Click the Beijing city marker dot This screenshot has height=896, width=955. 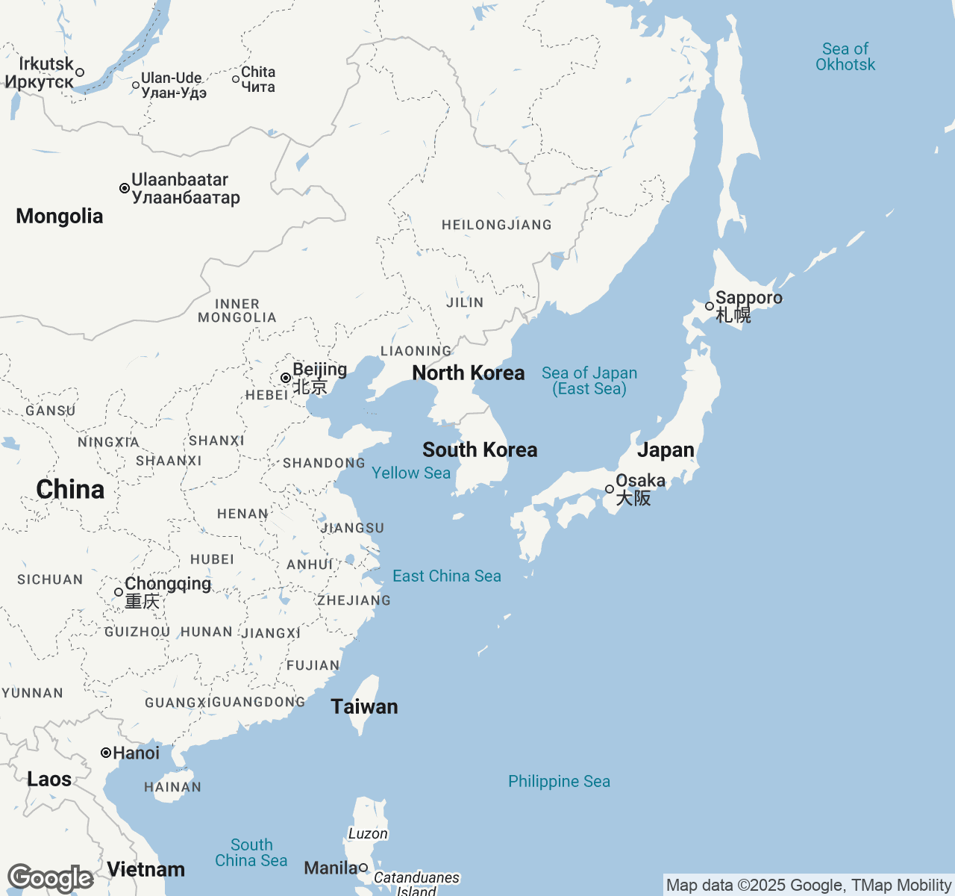click(x=285, y=378)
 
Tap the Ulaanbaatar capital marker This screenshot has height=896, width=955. click(x=125, y=188)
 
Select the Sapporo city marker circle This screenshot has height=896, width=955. click(x=709, y=306)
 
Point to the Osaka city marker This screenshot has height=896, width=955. click(x=610, y=489)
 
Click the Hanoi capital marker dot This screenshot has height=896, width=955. click(x=106, y=753)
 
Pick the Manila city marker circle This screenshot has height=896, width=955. click(x=363, y=868)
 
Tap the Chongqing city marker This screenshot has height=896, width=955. click(x=119, y=592)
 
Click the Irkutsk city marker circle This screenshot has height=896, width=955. click(x=80, y=72)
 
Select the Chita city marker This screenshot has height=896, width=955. click(x=236, y=79)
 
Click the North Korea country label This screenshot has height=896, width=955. click(x=469, y=373)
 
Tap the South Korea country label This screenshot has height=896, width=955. click(x=480, y=449)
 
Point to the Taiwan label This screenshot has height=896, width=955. click(x=364, y=706)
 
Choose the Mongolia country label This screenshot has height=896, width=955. click(x=60, y=216)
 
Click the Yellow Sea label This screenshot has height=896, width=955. click(x=411, y=473)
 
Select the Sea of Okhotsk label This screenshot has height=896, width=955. click(x=845, y=57)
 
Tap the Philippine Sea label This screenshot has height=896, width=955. click(x=559, y=781)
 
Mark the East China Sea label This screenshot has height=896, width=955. click(x=447, y=576)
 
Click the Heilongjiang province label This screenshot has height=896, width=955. click(x=497, y=225)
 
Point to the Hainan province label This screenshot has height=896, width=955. click(x=172, y=787)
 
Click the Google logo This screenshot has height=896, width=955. click(x=50, y=878)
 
